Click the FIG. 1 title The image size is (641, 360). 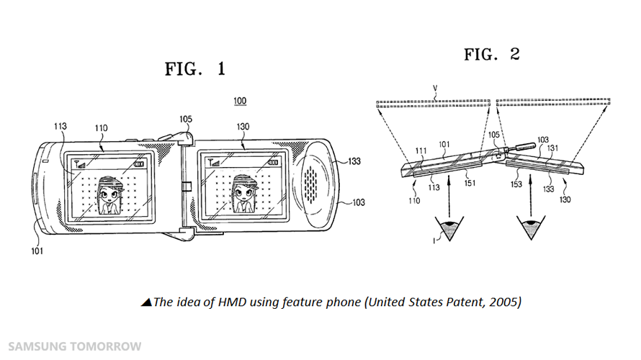(x=194, y=69)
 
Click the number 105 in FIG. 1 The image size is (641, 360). (x=187, y=120)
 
